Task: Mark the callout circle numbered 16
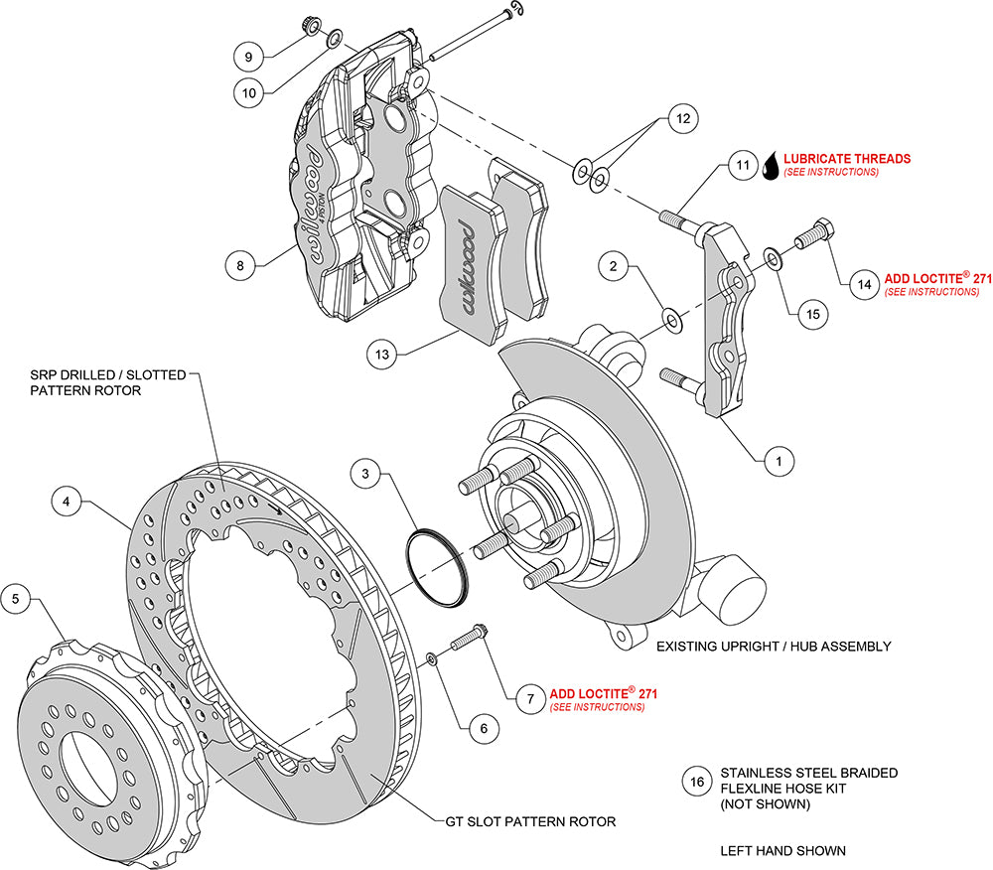point(697,782)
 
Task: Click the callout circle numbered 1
point(780,460)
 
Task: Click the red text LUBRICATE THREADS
point(847,158)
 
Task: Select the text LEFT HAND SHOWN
point(782,851)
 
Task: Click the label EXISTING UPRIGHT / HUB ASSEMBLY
point(774,647)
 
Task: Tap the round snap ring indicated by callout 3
point(437,569)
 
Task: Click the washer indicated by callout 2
point(672,320)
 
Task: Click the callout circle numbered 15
point(812,314)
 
